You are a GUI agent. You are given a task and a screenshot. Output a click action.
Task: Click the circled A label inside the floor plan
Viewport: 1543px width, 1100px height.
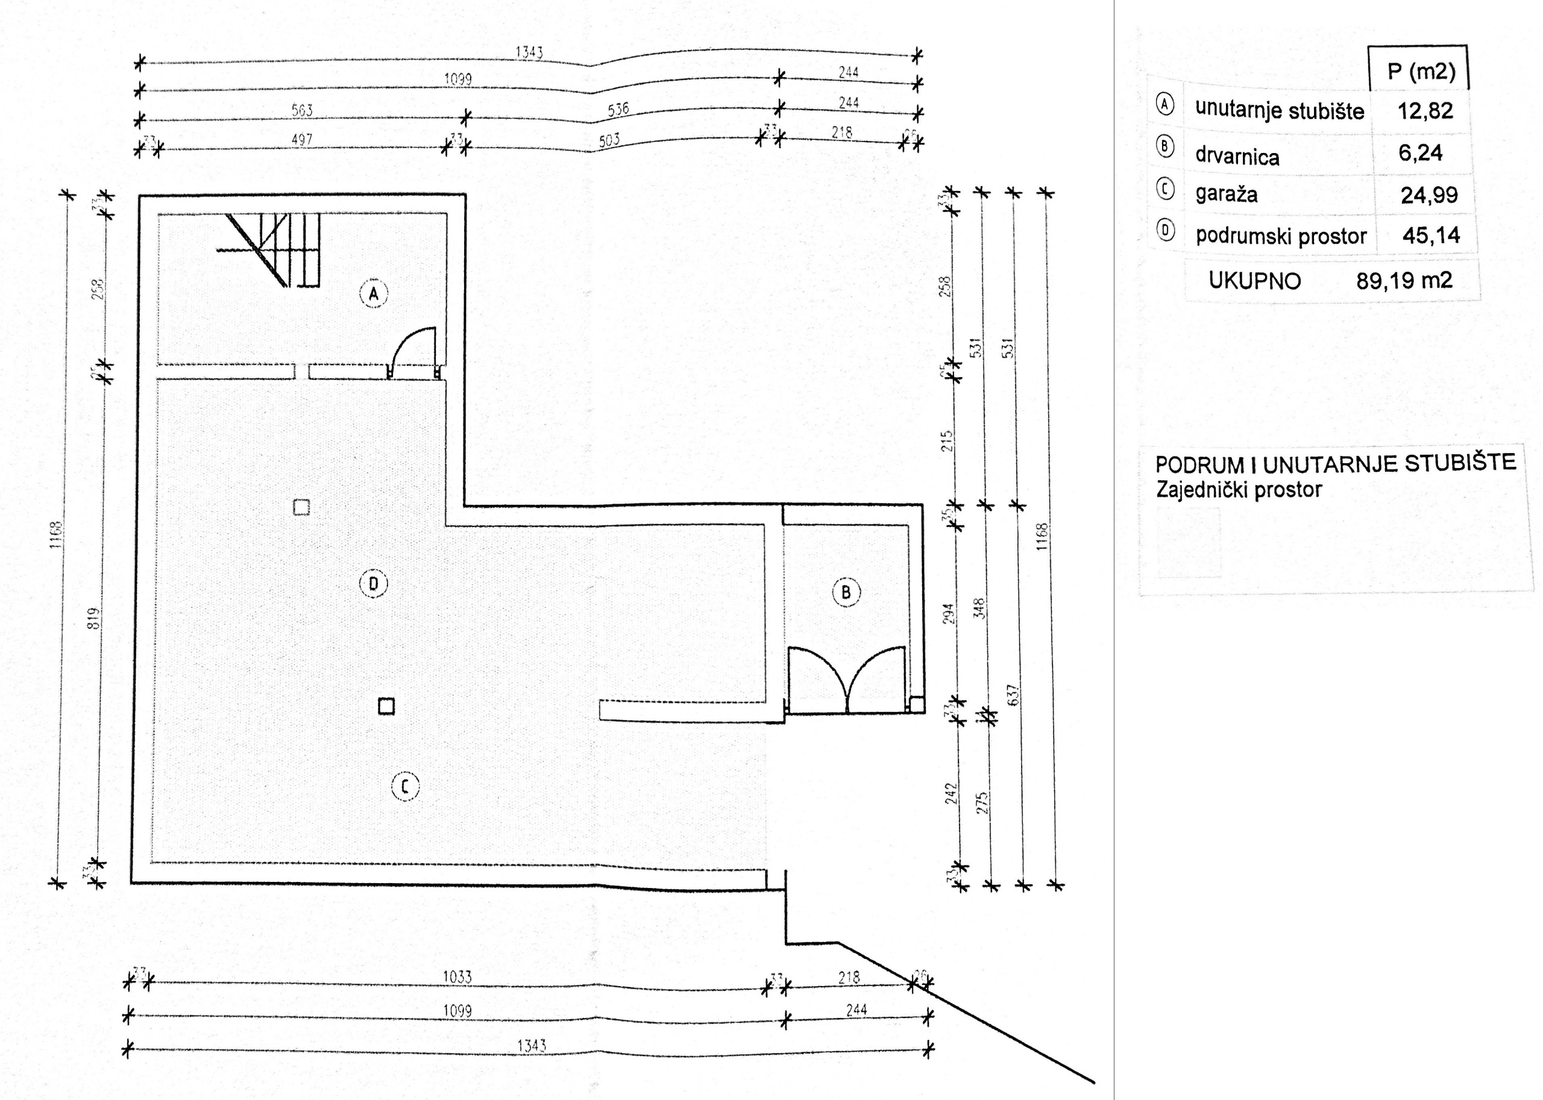(x=373, y=294)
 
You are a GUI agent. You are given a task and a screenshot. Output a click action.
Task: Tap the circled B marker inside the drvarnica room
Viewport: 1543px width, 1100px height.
(x=846, y=593)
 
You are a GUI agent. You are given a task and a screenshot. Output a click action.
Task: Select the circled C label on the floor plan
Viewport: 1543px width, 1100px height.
(x=405, y=786)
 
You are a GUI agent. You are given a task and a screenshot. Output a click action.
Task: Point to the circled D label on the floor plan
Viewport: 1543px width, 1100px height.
(x=373, y=584)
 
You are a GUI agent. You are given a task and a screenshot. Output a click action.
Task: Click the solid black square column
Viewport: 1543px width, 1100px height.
(x=386, y=707)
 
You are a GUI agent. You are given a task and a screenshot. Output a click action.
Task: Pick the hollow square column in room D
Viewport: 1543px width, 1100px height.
(x=301, y=507)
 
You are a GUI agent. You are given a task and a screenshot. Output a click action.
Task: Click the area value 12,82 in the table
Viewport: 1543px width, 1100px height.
(x=1425, y=111)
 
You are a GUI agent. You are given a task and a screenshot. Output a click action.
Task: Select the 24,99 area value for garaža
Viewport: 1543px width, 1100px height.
(x=1429, y=196)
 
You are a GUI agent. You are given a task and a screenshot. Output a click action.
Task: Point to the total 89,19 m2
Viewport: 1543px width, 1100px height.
(x=1404, y=280)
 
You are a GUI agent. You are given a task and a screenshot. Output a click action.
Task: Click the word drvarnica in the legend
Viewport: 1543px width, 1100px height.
(x=1237, y=157)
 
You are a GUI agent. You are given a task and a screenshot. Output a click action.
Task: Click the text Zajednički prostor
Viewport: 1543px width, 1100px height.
(x=1239, y=490)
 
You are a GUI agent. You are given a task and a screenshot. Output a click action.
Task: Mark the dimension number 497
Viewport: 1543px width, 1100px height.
(x=301, y=140)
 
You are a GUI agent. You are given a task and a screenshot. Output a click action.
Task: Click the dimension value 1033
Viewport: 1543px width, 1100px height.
(x=457, y=977)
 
